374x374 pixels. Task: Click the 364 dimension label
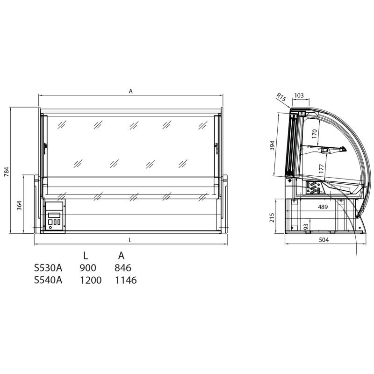[x=20, y=205]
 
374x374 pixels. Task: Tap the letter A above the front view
[x=131, y=92]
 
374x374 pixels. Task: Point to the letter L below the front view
[x=130, y=239]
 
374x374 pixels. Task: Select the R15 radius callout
[x=280, y=97]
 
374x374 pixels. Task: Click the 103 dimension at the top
[x=299, y=95]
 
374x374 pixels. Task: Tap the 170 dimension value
[x=315, y=135]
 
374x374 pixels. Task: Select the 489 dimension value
[x=323, y=206]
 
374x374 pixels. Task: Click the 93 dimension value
[x=306, y=227]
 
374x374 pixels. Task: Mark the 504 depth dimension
[x=324, y=240]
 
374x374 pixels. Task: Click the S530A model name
[x=48, y=268]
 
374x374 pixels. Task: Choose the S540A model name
[x=48, y=280]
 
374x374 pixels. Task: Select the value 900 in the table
[x=88, y=268]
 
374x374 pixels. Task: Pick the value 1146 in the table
[x=125, y=280]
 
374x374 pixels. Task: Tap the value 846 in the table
[x=122, y=268]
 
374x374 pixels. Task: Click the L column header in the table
[x=86, y=256]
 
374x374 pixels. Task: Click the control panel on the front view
[x=55, y=216]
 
